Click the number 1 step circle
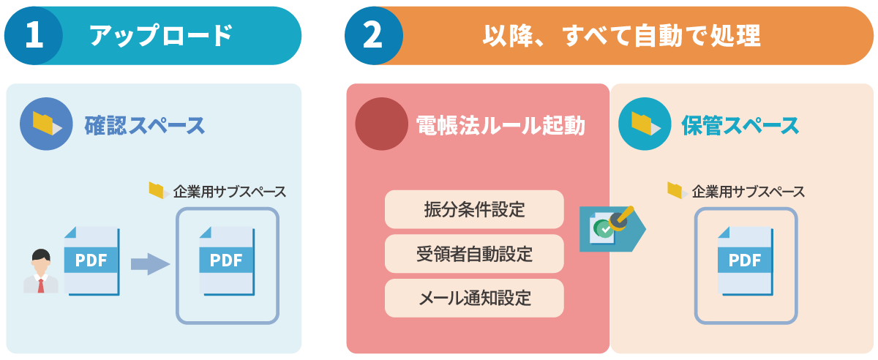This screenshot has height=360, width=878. [x=34, y=36]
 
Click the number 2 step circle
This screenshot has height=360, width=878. [x=373, y=36]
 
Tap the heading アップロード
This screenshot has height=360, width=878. [x=160, y=35]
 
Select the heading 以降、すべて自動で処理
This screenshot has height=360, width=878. [x=621, y=35]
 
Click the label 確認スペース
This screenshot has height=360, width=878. [x=145, y=125]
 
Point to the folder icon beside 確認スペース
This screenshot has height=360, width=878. [x=46, y=124]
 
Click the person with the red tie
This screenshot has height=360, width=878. [x=41, y=271]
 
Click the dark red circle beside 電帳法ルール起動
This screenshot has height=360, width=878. [x=381, y=124]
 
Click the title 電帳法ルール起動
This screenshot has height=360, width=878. [x=500, y=125]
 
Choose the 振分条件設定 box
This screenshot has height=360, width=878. [x=474, y=209]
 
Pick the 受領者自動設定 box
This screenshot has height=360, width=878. [x=474, y=254]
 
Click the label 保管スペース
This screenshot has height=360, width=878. [x=740, y=125]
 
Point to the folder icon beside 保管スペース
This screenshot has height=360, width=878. [x=645, y=124]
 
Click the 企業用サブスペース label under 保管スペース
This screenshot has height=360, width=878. [x=748, y=192]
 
